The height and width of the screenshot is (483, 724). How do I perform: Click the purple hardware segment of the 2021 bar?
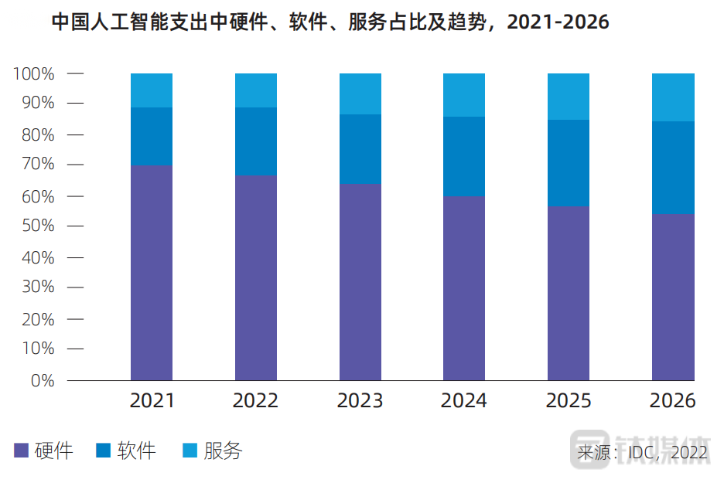pyautogui.click(x=152, y=272)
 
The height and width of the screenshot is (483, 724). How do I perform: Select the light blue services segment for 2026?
pyautogui.click(x=673, y=97)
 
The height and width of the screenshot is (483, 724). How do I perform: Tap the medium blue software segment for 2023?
pyautogui.click(x=360, y=149)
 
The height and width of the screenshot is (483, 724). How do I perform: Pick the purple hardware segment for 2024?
pyautogui.click(x=464, y=287)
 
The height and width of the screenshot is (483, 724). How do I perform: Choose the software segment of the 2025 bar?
pyautogui.click(x=569, y=163)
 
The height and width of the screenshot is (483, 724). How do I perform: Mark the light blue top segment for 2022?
pyautogui.click(x=256, y=90)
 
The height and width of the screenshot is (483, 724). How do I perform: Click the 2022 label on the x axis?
pyautogui.click(x=256, y=400)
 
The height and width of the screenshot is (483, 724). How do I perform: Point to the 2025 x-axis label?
pyautogui.click(x=569, y=400)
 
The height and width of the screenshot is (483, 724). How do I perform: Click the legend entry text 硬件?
pyautogui.click(x=54, y=451)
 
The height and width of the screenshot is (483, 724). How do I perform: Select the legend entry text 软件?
pyautogui.click(x=137, y=451)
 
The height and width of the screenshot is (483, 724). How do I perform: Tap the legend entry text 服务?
pyautogui.click(x=223, y=451)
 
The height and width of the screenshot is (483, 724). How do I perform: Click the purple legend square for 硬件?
pyautogui.click(x=22, y=451)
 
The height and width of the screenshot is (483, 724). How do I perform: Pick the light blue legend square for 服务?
pyautogui.click(x=190, y=451)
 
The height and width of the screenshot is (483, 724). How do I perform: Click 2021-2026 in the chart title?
pyautogui.click(x=558, y=22)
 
